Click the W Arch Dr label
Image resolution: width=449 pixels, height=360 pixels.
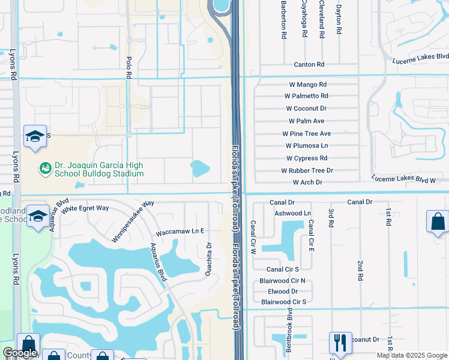click(x=307, y=182)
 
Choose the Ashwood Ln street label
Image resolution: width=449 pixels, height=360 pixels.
click(x=292, y=213)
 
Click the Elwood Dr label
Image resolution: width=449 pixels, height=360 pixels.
click(x=283, y=291)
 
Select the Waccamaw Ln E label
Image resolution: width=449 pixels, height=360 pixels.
click(x=180, y=231)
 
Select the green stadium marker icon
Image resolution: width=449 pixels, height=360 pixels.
click(x=45, y=169)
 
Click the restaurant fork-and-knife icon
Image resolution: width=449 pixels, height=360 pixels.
click(x=340, y=343)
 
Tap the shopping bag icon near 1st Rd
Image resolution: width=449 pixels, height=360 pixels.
click(x=437, y=221)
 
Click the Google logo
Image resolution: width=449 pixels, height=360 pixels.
click(x=20, y=353)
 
